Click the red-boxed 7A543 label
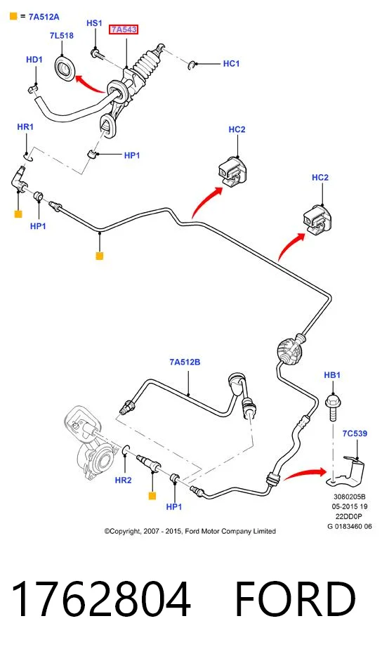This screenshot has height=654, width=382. tap(124, 30)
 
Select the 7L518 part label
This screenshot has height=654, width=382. tap(62, 35)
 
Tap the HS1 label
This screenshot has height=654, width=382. tap(94, 23)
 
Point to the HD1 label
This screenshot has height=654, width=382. tap(34, 60)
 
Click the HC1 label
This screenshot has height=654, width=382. tap(232, 63)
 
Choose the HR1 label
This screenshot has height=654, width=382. tap(25, 126)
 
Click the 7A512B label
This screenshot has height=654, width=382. tap(185, 362)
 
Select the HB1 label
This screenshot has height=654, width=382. tap(332, 375)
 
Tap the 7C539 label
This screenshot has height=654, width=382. tap(355, 433)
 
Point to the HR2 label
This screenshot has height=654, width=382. tap(123, 480)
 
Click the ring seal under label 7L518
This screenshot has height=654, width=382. tap(65, 69)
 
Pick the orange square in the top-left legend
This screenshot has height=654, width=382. tap(13, 16)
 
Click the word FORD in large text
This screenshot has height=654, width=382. tap(295, 599)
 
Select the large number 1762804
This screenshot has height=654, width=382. tap(101, 599)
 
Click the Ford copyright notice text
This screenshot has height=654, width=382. tap(190, 531)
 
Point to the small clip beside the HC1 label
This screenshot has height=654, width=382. tap(192, 65)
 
